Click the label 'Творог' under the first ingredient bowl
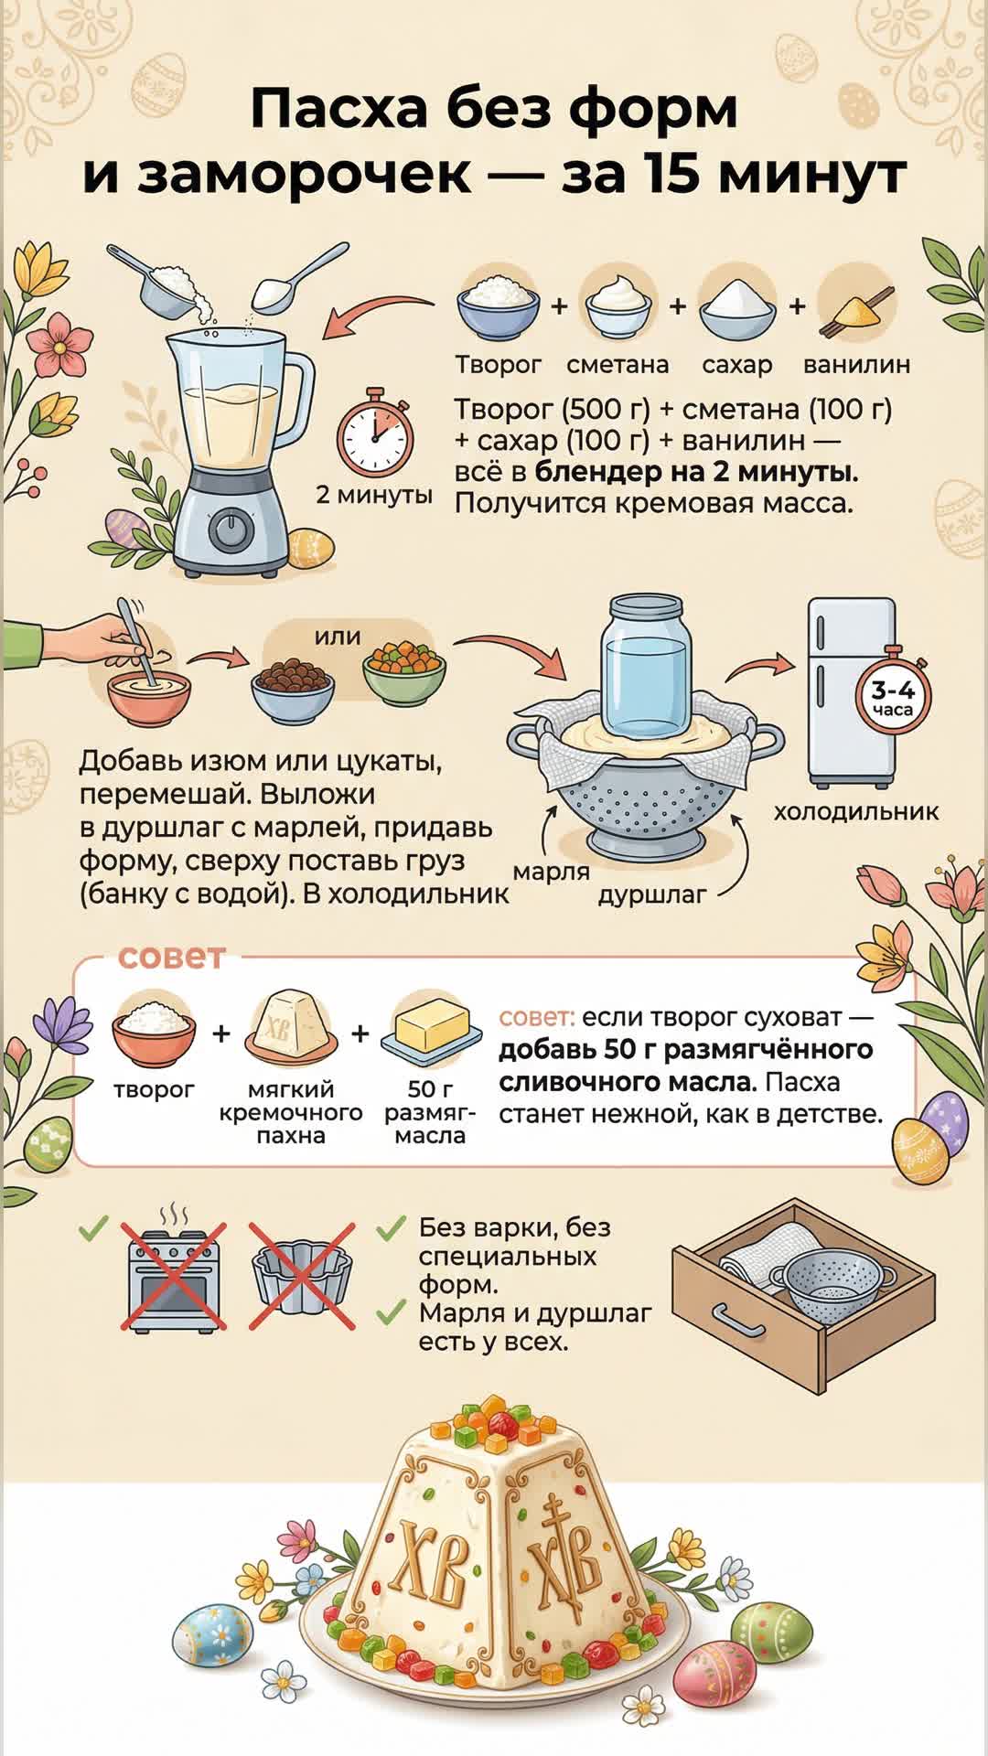pyautogui.click(x=499, y=365)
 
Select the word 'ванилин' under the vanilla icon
pyautogui.click(x=856, y=365)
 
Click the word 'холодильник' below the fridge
pyautogui.click(x=856, y=811)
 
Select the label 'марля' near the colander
pyautogui.click(x=551, y=872)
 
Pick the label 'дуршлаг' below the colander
pyautogui.click(x=652, y=894)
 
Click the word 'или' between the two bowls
pyautogui.click(x=338, y=636)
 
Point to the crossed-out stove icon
pyautogui.click(x=174, y=1276)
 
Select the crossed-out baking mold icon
pyautogui.click(x=303, y=1275)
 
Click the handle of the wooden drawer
pyautogui.click(x=738, y=1320)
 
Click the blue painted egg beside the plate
pyautogui.click(x=212, y=1634)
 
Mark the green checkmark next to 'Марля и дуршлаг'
pyautogui.click(x=391, y=1312)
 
